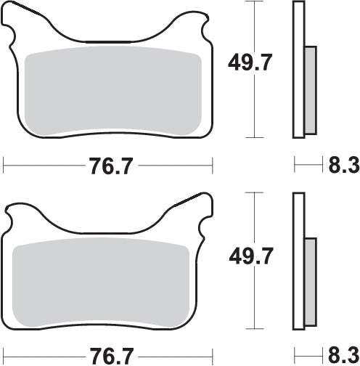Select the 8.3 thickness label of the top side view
[343, 166]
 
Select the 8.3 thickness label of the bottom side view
[343, 357]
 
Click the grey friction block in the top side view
[310, 91]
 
